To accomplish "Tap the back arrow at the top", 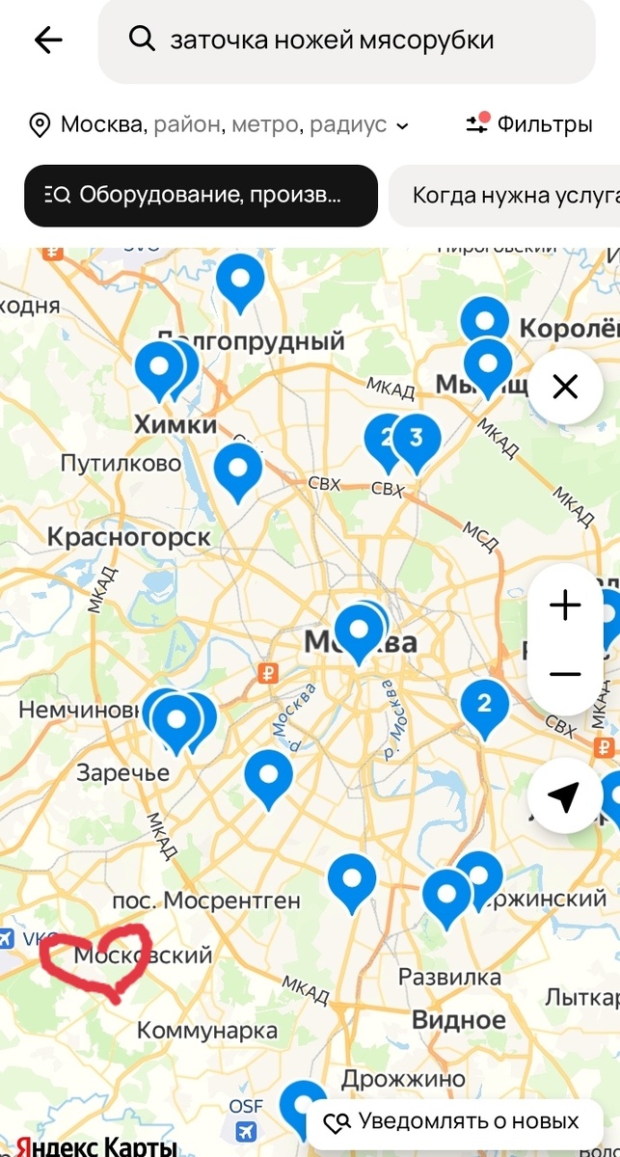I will tap(47, 40).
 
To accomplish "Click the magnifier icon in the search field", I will tap(142, 40).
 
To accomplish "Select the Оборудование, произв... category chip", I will tap(201, 196).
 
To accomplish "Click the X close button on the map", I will tap(564, 388).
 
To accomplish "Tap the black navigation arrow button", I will tap(564, 796).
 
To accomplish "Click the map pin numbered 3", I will tap(417, 440).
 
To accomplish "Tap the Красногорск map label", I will tap(128, 537).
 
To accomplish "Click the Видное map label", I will tap(459, 1020).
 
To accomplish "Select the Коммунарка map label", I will tap(206, 1031).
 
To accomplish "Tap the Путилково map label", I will tap(121, 464).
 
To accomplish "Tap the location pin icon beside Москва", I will tap(40, 125).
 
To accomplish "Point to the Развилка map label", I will tap(450, 978).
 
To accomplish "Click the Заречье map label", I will tap(122, 772).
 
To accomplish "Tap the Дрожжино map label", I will tap(403, 1079).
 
